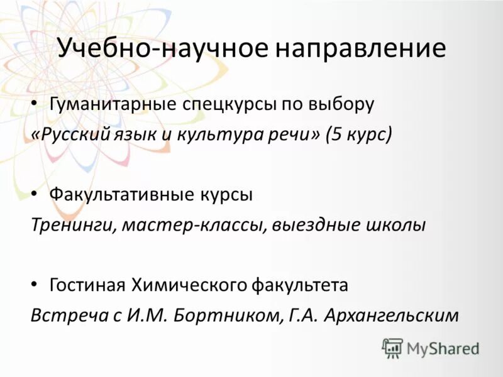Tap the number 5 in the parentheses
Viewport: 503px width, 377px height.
(x=334, y=134)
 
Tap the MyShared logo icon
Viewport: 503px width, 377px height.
(x=392, y=346)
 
